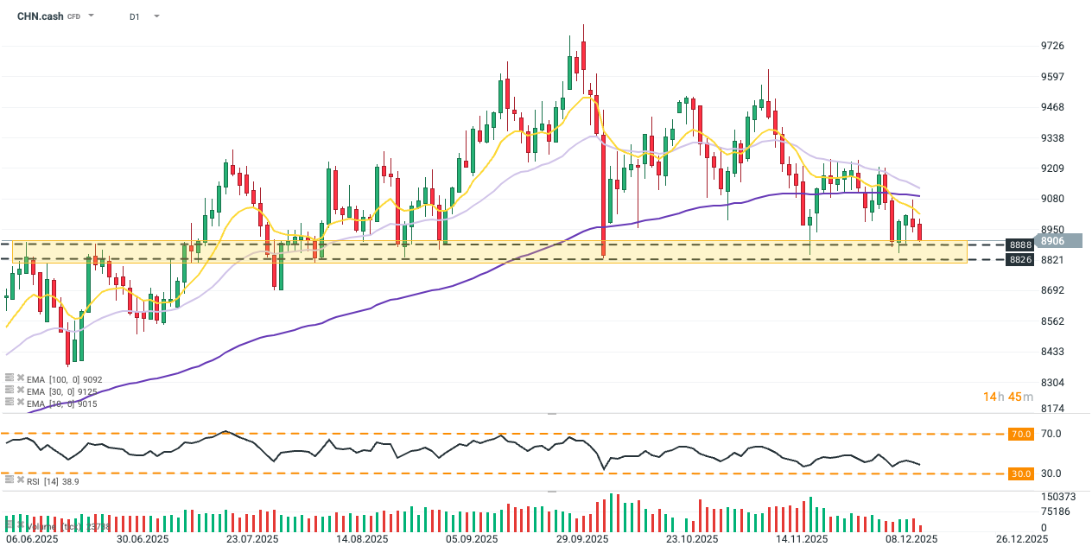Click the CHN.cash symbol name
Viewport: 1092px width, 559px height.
pyautogui.click(x=40, y=16)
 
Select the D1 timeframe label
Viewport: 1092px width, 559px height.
pyautogui.click(x=135, y=16)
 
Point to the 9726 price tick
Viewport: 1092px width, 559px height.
pyautogui.click(x=1052, y=46)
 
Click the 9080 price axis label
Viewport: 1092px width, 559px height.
pyautogui.click(x=1052, y=199)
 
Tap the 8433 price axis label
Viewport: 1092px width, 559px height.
pyautogui.click(x=1052, y=352)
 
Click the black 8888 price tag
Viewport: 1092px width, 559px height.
pyautogui.click(x=1019, y=245)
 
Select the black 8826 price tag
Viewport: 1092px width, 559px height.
pyautogui.click(x=1019, y=260)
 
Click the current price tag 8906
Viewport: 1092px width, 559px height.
pyautogui.click(x=1052, y=241)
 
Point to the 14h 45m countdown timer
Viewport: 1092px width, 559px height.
pyautogui.click(x=1007, y=397)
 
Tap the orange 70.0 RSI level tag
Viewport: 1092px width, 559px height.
pyautogui.click(x=1021, y=434)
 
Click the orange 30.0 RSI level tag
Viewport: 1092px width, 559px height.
pyautogui.click(x=1021, y=473)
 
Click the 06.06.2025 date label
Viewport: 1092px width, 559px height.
pyautogui.click(x=32, y=539)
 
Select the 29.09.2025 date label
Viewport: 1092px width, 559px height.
pyautogui.click(x=582, y=539)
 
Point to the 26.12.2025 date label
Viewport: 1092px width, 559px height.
pyautogui.click(x=1021, y=539)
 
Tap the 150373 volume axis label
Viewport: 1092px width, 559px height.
pyautogui.click(x=1057, y=497)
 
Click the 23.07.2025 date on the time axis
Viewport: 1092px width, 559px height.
pyautogui.click(x=252, y=539)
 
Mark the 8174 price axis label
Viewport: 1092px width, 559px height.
pyautogui.click(x=1052, y=408)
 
